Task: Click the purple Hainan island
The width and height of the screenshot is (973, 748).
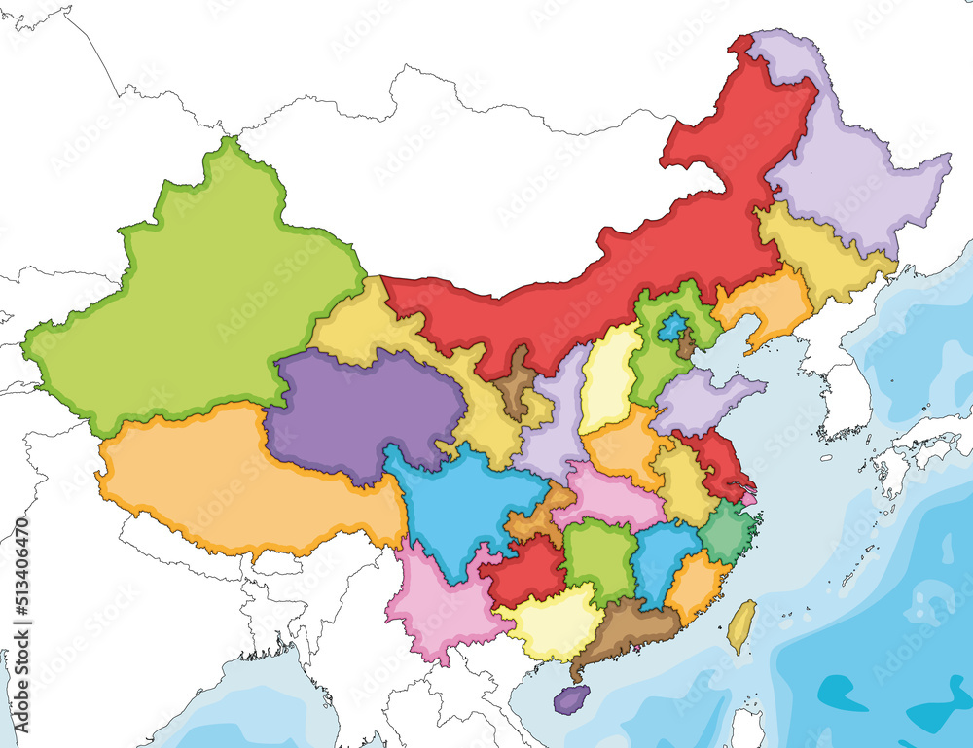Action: (571, 697)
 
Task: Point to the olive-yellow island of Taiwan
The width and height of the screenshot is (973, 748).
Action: (741, 625)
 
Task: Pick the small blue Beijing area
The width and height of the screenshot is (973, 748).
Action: (669, 327)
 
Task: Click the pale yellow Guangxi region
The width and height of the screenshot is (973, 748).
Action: (555, 623)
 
